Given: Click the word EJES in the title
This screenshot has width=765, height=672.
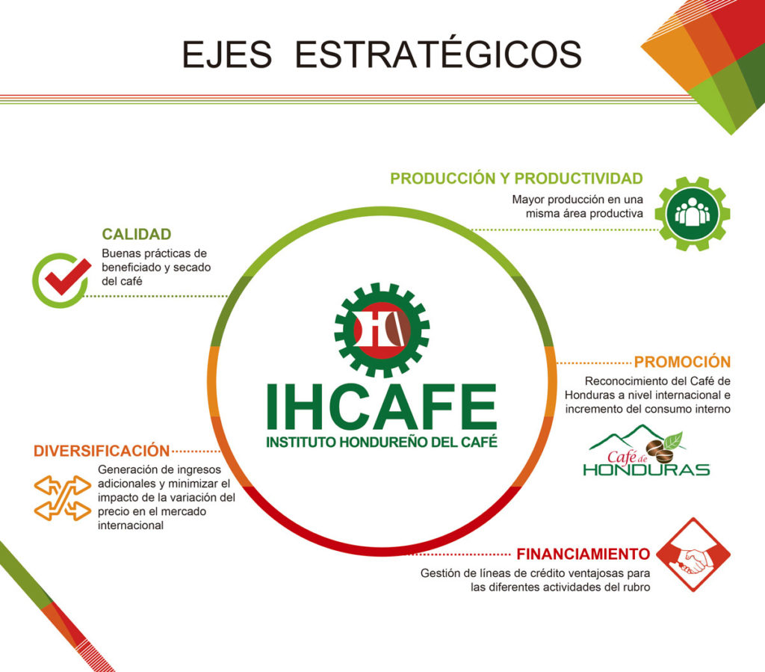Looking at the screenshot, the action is click(227, 54).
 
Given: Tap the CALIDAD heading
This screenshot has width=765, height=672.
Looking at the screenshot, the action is click(137, 234).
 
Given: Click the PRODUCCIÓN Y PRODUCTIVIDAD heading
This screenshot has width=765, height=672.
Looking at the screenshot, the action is click(517, 179).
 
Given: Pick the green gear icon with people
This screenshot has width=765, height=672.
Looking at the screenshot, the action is click(693, 214).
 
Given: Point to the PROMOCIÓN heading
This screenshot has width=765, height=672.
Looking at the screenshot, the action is click(682, 362).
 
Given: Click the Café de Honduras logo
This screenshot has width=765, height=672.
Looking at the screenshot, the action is click(646, 451).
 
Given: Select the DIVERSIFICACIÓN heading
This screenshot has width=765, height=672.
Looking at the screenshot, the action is click(102, 451).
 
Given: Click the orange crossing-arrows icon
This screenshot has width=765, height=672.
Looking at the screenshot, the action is click(63, 498).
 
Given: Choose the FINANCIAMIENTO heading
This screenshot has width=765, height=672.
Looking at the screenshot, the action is click(583, 555).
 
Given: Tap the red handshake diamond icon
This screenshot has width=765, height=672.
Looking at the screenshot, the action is click(693, 555).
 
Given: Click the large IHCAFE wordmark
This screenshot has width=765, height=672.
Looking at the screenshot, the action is click(382, 407).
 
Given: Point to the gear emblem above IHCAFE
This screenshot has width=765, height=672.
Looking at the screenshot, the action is click(382, 330).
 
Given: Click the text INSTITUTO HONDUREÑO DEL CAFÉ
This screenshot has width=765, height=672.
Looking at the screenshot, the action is click(382, 442).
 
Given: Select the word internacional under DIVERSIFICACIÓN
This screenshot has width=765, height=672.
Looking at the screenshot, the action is click(130, 525).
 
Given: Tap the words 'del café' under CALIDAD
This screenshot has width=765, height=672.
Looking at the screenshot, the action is click(122, 281).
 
